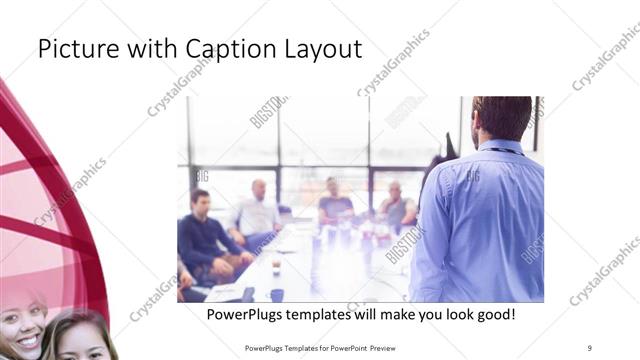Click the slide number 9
coord(590,347)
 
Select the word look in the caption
coord(449,314)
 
